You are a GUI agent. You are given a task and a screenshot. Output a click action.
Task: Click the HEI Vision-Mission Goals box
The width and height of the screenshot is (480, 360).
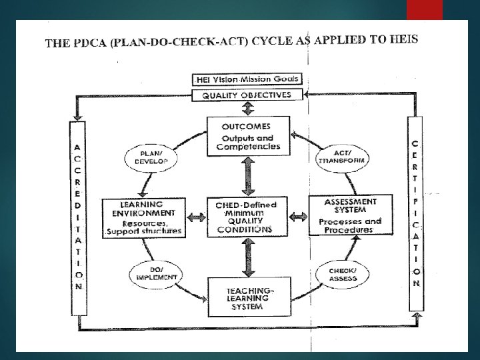click(248, 79)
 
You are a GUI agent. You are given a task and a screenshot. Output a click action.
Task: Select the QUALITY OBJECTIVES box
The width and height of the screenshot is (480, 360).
click(248, 95)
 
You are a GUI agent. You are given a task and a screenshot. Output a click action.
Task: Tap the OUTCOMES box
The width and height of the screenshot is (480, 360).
click(248, 137)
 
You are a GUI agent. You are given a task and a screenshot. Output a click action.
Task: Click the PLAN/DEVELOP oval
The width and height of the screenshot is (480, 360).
click(149, 157)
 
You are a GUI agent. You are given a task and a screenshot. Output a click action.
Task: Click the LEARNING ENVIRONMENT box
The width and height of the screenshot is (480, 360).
click(142, 217)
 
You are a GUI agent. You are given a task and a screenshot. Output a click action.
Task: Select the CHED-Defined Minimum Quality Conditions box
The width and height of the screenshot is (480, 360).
click(248, 216)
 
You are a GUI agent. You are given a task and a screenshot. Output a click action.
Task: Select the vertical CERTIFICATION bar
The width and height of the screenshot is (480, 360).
click(415, 213)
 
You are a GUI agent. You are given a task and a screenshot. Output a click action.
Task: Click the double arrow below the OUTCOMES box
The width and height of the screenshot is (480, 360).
click(248, 175)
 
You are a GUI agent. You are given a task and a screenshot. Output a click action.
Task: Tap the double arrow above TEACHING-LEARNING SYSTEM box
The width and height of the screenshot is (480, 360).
click(248, 257)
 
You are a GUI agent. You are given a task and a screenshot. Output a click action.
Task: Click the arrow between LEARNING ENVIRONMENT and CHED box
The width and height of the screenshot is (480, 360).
click(195, 217)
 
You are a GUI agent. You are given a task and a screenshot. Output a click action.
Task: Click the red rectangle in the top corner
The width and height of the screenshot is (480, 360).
click(424, 9)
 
